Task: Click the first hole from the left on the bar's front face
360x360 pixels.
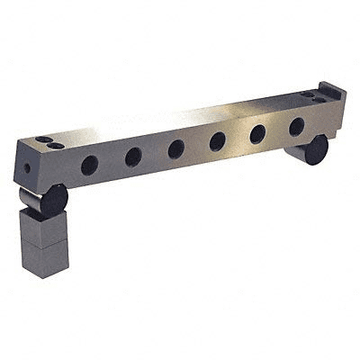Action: click(x=89, y=165)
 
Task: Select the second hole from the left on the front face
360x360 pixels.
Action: click(x=133, y=157)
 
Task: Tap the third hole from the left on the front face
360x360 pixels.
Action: click(x=176, y=148)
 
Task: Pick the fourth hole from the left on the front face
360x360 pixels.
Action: click(x=218, y=141)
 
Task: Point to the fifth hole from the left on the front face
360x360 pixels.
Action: click(x=257, y=134)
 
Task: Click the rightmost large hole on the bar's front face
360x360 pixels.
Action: click(x=296, y=127)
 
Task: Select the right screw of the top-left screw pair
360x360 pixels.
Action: click(x=56, y=145)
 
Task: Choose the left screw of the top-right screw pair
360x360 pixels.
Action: click(x=307, y=93)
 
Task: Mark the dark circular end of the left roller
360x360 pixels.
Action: click(x=54, y=200)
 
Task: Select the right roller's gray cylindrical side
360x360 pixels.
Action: click(x=294, y=149)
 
